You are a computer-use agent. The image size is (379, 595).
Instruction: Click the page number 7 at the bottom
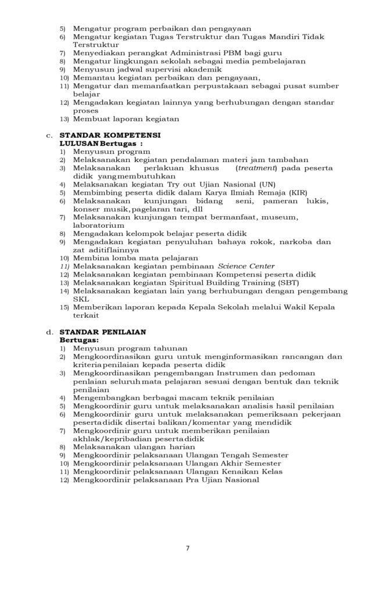point(188,548)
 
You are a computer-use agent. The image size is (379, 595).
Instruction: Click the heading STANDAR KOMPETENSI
point(110,135)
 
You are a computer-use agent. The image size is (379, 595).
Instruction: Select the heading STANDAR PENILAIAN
point(103,332)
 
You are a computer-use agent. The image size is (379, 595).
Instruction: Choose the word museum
point(281,217)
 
